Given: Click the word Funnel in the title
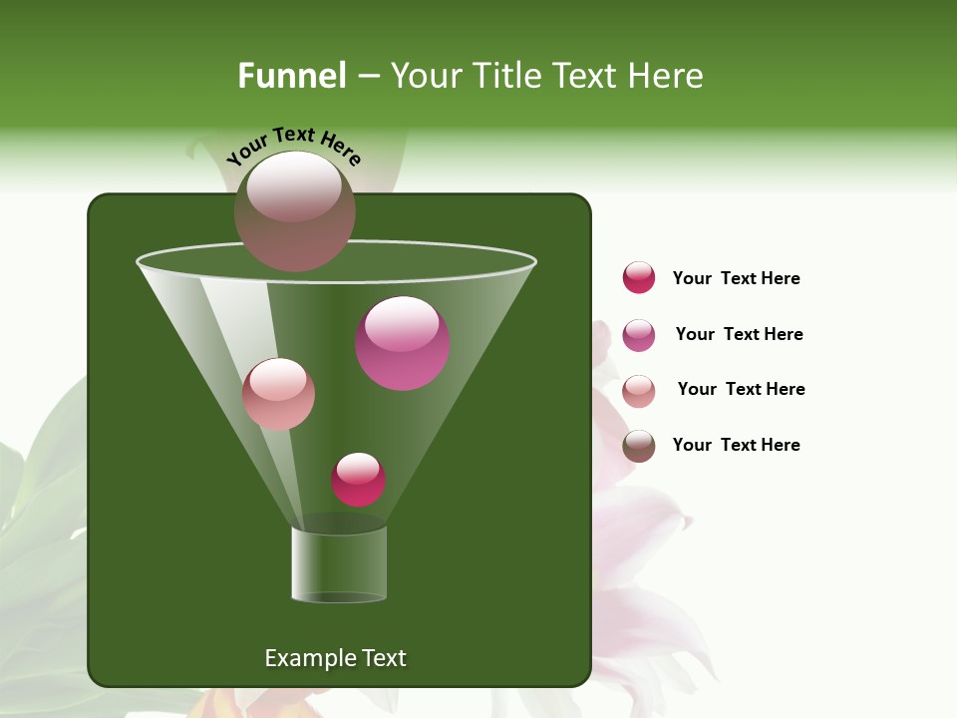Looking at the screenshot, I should coord(292,76).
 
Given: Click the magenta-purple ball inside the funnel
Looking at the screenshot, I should coord(403,344).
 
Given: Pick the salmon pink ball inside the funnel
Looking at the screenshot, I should coord(279,395).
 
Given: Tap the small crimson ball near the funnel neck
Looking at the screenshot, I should coord(358,480).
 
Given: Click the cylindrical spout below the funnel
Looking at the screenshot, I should coord(339,564).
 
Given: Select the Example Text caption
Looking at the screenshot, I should coord(335,658).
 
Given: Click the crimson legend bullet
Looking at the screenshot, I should coord(639,278).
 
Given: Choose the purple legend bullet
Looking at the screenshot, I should coord(639,335).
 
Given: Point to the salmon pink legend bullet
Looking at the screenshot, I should coord(639,391).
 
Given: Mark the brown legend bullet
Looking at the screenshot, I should coord(639,446).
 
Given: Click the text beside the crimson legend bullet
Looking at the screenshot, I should coord(736,279).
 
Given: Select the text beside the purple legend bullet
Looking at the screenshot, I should coord(739,335).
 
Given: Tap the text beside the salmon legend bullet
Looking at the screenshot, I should coord(741,390).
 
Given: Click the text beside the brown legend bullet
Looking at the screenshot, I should coord(736,446).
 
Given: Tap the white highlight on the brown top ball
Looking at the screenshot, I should coord(294,186).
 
